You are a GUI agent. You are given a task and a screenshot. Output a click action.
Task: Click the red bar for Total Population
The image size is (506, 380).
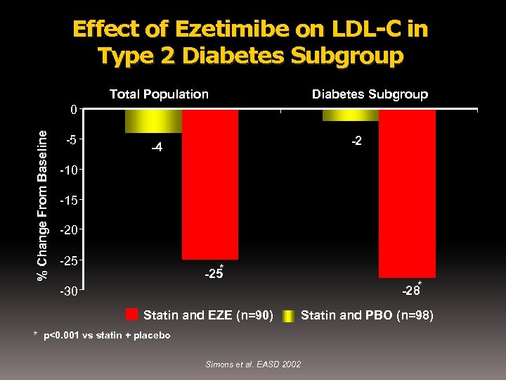[x=209, y=184]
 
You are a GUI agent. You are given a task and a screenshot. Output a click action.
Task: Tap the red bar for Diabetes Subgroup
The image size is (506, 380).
[x=407, y=194]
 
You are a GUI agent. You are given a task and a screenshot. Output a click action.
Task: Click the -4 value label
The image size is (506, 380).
[x=157, y=148]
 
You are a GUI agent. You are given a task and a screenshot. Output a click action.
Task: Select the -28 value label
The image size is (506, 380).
[x=410, y=290]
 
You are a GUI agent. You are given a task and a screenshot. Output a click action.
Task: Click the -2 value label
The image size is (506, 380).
[x=357, y=141]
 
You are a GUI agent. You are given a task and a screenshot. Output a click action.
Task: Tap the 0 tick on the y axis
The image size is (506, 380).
[x=73, y=110]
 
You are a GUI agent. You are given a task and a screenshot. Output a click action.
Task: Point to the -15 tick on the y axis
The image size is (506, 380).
[x=68, y=201]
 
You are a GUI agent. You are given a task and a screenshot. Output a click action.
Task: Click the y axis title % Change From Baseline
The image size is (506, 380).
[x=43, y=204]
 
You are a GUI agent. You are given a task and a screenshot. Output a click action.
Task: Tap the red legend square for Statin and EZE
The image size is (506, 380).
[x=131, y=315]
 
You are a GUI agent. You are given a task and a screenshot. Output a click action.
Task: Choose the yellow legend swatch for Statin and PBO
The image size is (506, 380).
[x=288, y=315]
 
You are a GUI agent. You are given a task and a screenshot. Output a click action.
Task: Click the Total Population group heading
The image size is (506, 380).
[x=159, y=94]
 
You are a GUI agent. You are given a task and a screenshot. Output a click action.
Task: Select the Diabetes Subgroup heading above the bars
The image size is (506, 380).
[x=370, y=94]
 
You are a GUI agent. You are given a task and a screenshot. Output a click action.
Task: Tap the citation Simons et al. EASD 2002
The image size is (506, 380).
[x=253, y=364]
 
